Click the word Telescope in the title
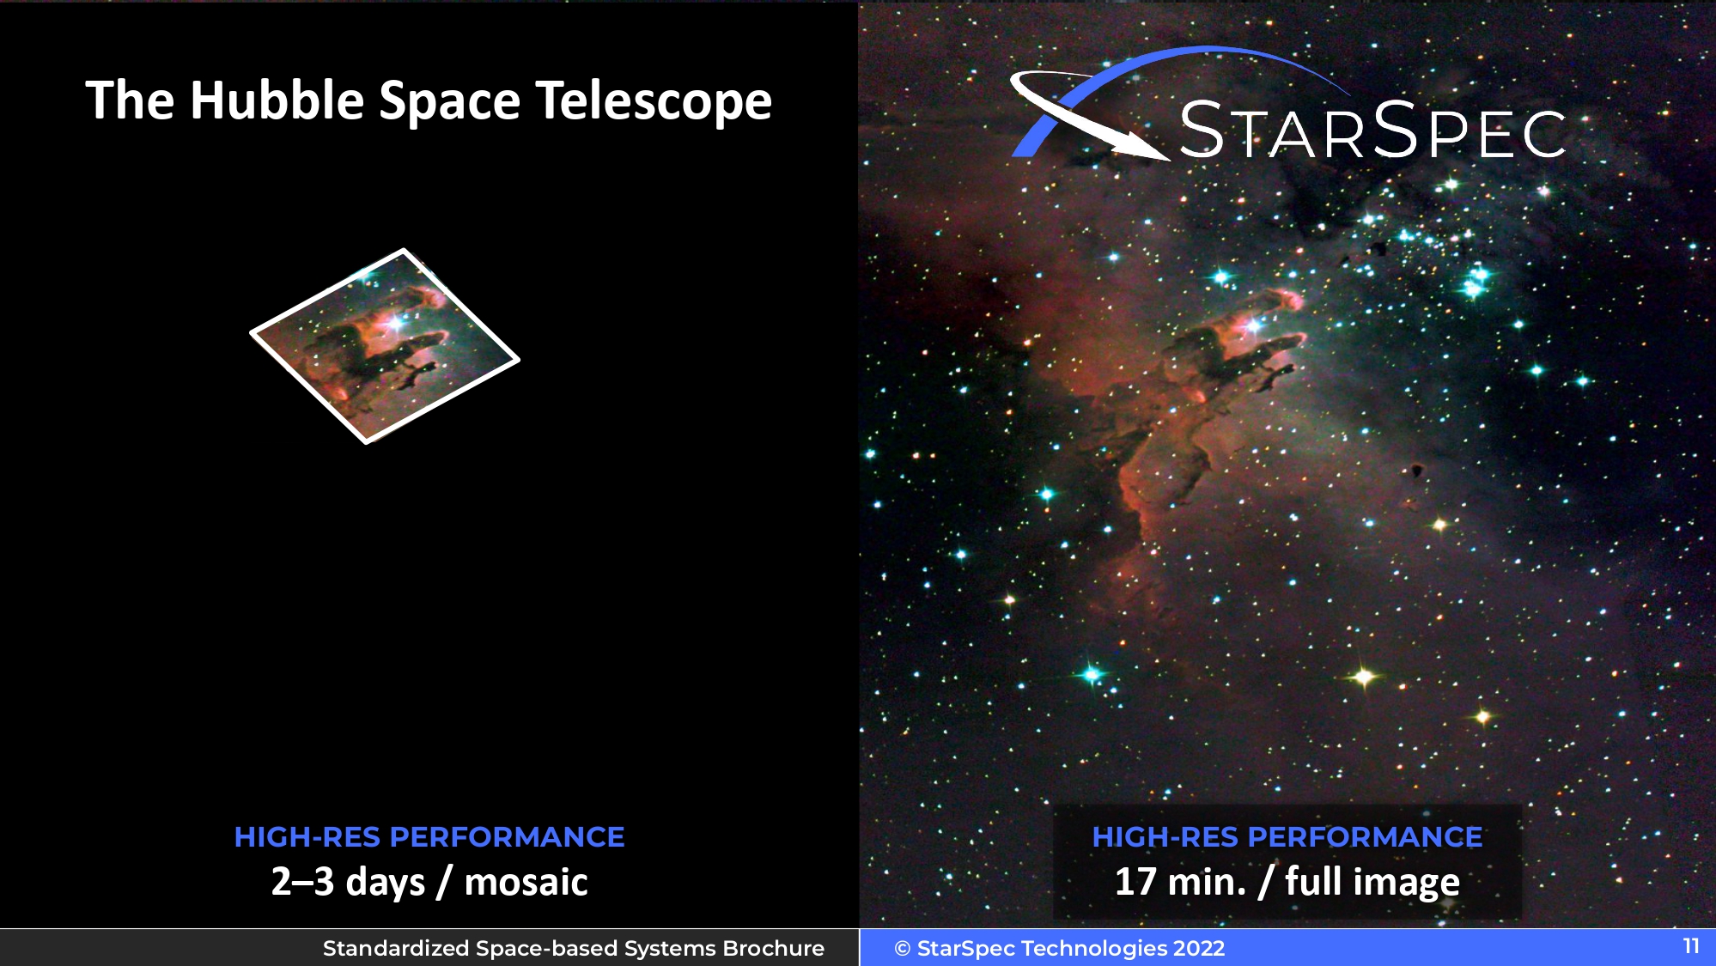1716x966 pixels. (x=654, y=102)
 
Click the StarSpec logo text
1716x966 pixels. (x=1372, y=131)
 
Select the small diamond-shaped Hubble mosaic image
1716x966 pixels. (x=385, y=346)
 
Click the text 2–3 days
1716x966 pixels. (x=348, y=882)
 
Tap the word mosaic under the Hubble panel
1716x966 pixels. (x=526, y=882)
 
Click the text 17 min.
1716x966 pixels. (x=1180, y=882)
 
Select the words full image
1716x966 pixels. (x=1372, y=883)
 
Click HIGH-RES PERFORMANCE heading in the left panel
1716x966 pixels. (x=429, y=837)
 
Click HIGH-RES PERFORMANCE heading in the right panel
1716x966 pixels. (x=1287, y=837)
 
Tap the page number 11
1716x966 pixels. (x=1691, y=946)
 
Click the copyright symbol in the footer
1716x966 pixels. (x=902, y=949)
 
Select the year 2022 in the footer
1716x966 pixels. (x=1199, y=948)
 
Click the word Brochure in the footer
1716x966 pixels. (x=774, y=948)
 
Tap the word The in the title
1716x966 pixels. (x=131, y=100)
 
